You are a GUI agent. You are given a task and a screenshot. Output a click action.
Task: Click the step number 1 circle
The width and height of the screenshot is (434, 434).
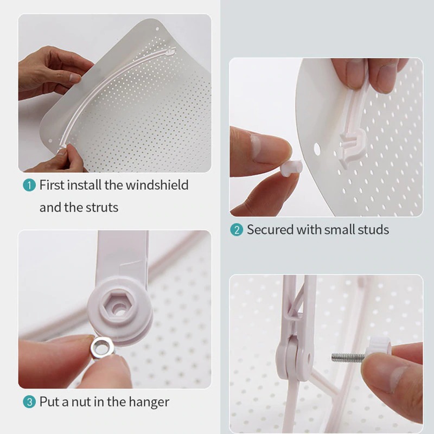point(29,185)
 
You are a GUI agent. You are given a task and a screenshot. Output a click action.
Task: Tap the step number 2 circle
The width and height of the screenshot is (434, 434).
point(236,229)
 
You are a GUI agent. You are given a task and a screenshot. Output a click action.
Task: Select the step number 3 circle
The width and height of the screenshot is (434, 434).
point(29,402)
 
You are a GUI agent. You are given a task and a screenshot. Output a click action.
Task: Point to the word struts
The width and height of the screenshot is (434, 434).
point(101,207)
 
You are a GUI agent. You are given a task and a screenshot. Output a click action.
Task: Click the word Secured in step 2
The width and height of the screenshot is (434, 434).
point(270,229)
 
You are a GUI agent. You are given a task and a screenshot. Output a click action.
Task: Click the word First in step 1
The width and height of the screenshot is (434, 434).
point(52,185)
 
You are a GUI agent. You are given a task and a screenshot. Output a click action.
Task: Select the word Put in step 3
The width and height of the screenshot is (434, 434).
point(48,402)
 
